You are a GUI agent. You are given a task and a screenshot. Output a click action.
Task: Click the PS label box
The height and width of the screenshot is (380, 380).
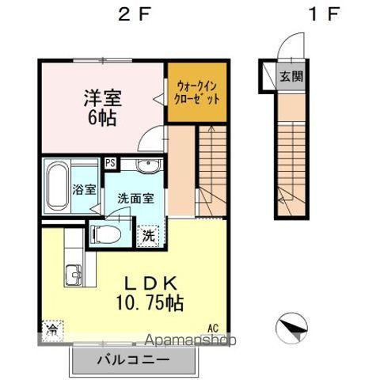(112, 163)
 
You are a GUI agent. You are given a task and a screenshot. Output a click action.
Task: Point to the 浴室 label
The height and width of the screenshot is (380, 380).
(84, 190)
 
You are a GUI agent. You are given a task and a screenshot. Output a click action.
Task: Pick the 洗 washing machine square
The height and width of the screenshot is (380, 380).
(148, 234)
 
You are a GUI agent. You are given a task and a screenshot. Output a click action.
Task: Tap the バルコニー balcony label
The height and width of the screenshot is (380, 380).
(133, 359)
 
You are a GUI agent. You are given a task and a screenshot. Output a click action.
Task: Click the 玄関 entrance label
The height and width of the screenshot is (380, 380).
(291, 77)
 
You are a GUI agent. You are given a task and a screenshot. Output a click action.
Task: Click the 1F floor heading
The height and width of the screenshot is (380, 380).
(315, 15)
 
